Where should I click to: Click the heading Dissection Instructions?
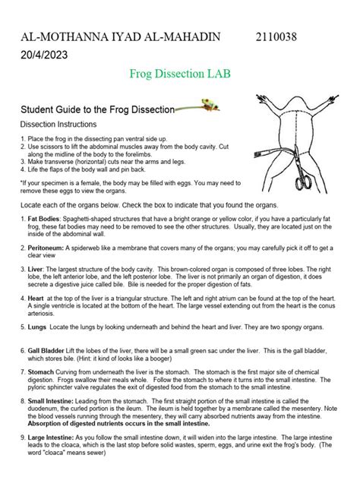click(x=58, y=124)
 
